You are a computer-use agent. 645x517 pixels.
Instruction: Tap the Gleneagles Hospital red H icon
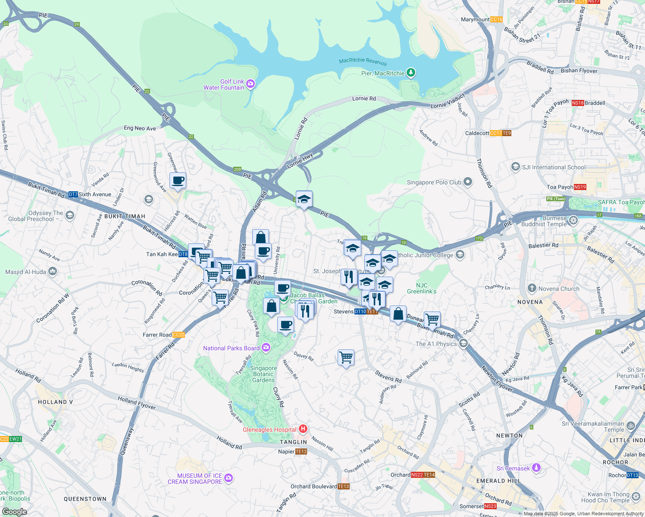(x=303, y=429)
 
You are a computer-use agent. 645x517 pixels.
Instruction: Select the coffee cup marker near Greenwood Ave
(x=178, y=181)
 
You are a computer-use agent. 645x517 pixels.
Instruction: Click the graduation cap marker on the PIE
(x=304, y=199)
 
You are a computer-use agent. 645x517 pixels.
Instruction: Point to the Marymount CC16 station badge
(x=496, y=19)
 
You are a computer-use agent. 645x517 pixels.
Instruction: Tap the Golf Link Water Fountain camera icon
(x=250, y=84)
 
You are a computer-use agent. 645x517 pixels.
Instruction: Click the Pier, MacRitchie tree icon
(x=411, y=73)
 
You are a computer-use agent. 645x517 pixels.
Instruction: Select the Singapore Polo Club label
(x=434, y=182)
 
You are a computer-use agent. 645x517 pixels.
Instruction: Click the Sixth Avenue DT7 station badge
(x=73, y=194)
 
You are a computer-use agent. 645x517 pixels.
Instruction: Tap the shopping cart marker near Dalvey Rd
(x=346, y=357)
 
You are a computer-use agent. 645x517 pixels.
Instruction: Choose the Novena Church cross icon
(x=532, y=288)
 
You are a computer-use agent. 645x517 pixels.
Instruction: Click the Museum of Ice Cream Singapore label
(x=195, y=479)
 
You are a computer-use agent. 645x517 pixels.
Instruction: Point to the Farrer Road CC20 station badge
(x=178, y=335)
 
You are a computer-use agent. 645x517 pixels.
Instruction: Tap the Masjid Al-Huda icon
(x=53, y=271)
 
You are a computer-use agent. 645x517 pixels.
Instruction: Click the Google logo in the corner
(x=14, y=512)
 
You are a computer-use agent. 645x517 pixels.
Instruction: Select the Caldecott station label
(x=477, y=133)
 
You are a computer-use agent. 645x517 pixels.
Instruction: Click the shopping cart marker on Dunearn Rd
(x=432, y=320)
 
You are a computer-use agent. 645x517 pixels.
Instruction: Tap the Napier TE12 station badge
(x=301, y=452)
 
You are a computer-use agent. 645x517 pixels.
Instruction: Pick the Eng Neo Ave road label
(x=140, y=128)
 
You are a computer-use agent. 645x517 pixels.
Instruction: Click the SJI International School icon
(x=515, y=167)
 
